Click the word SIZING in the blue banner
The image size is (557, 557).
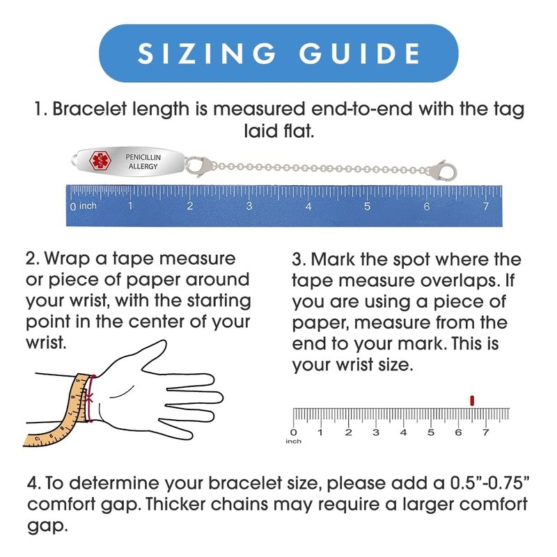pyautogui.click(x=207, y=54)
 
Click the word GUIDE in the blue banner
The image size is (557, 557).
pyautogui.click(x=360, y=54)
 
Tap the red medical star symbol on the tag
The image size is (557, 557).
pyautogui.click(x=100, y=161)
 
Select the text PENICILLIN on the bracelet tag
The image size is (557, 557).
pyautogui.click(x=143, y=157)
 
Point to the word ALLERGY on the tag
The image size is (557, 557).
pyautogui.click(x=143, y=166)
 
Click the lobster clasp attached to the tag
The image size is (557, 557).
pyautogui.click(x=199, y=166)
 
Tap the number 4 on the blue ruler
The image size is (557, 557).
pyautogui.click(x=308, y=206)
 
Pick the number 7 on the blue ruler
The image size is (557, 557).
pyautogui.click(x=485, y=206)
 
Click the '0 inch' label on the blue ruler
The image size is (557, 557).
pyautogui.click(x=83, y=206)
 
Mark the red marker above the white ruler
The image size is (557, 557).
pyautogui.click(x=472, y=400)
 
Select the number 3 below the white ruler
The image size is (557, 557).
pyautogui.click(x=376, y=432)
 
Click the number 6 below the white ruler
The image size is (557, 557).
pyautogui.click(x=458, y=432)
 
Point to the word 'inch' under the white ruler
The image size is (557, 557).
pyautogui.click(x=293, y=441)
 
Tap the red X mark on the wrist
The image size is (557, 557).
pyautogui.click(x=89, y=398)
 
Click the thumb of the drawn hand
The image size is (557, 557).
pyautogui.click(x=149, y=355)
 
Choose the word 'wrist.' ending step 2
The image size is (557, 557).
pyautogui.click(x=46, y=343)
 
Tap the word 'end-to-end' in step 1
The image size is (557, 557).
pyautogui.click(x=361, y=109)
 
